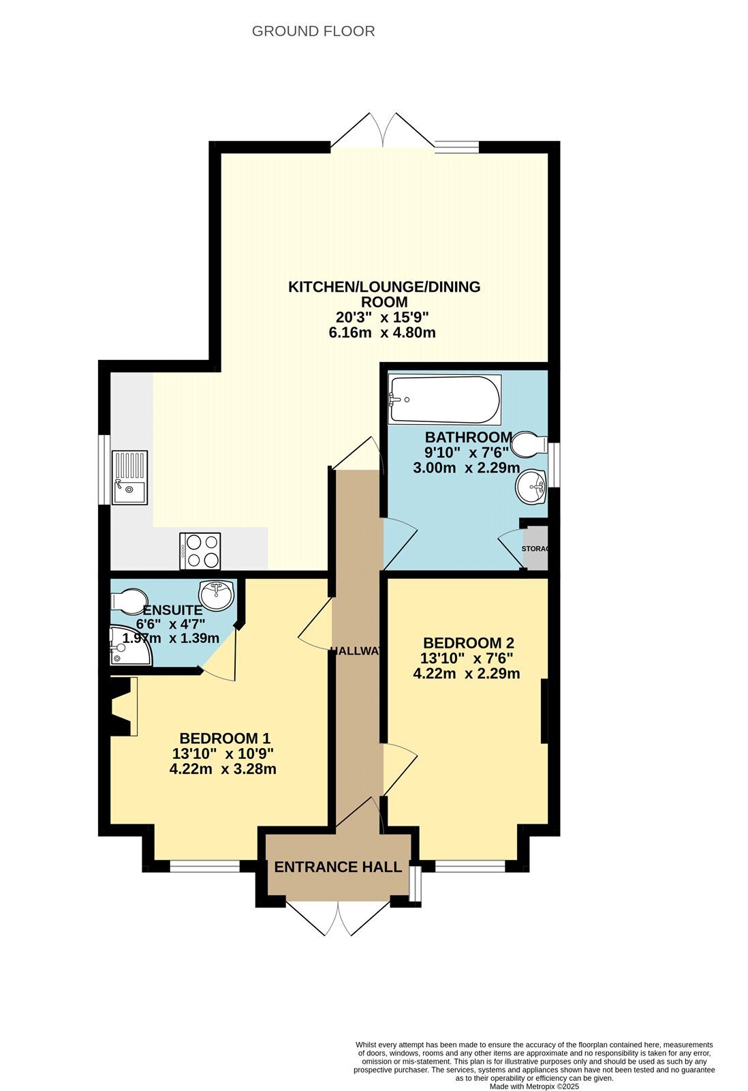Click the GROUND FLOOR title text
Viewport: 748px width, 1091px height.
313,31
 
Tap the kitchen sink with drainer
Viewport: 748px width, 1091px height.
129,477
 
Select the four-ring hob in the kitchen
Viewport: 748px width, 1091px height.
200,551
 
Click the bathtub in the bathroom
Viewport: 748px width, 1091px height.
444,400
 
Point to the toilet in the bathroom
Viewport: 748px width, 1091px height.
530,444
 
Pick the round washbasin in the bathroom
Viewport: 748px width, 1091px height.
532,487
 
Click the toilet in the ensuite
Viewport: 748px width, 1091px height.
129,601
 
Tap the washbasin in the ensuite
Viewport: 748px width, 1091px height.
217,595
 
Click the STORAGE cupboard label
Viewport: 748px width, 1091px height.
535,548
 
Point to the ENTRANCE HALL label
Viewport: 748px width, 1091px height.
338,867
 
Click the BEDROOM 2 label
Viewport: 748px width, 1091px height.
468,643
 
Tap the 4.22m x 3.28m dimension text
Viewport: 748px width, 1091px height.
223,769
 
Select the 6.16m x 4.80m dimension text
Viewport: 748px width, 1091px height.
382,333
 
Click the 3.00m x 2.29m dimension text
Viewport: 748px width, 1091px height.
466,468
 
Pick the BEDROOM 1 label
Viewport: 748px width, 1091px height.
225,738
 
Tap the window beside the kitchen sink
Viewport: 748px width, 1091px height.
104,470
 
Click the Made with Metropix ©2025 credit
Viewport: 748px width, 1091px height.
534,1086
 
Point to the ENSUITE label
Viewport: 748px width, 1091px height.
172,610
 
